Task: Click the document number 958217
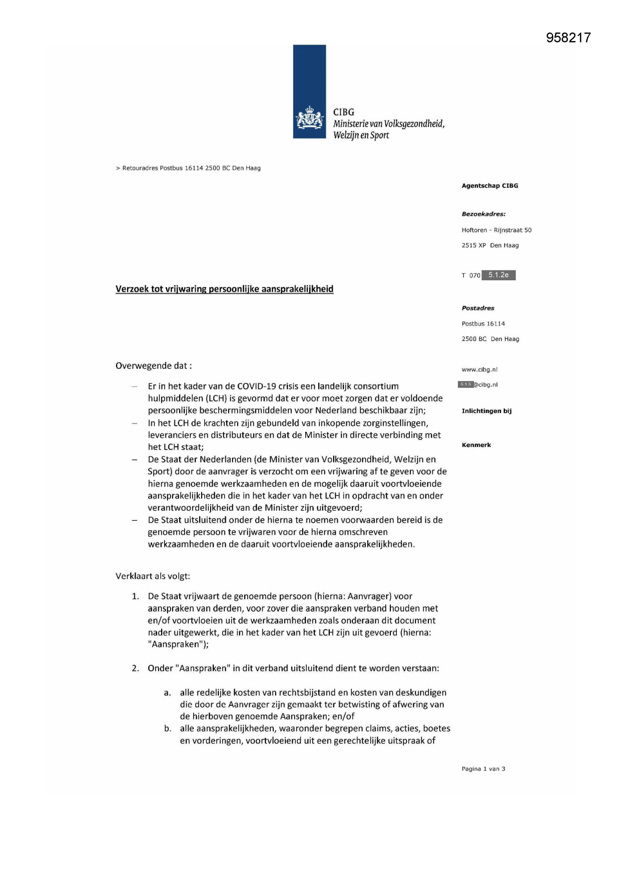click(x=568, y=38)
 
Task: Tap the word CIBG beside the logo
click(x=343, y=112)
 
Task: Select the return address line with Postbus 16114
click(x=188, y=168)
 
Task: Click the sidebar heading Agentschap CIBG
click(x=489, y=186)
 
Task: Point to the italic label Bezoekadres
click(x=483, y=214)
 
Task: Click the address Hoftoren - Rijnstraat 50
click(x=496, y=230)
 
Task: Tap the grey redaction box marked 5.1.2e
click(x=498, y=275)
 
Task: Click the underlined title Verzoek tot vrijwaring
click(x=224, y=289)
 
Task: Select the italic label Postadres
click(x=478, y=308)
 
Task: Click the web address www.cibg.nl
click(x=479, y=369)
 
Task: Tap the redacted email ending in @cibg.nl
click(x=477, y=384)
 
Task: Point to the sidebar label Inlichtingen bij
click(x=486, y=411)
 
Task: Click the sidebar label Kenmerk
click(x=476, y=445)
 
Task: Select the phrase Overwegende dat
click(x=153, y=365)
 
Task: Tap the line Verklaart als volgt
click(x=153, y=576)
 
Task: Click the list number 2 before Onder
click(x=135, y=668)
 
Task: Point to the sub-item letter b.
click(x=168, y=728)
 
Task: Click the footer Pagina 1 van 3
click(x=483, y=769)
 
